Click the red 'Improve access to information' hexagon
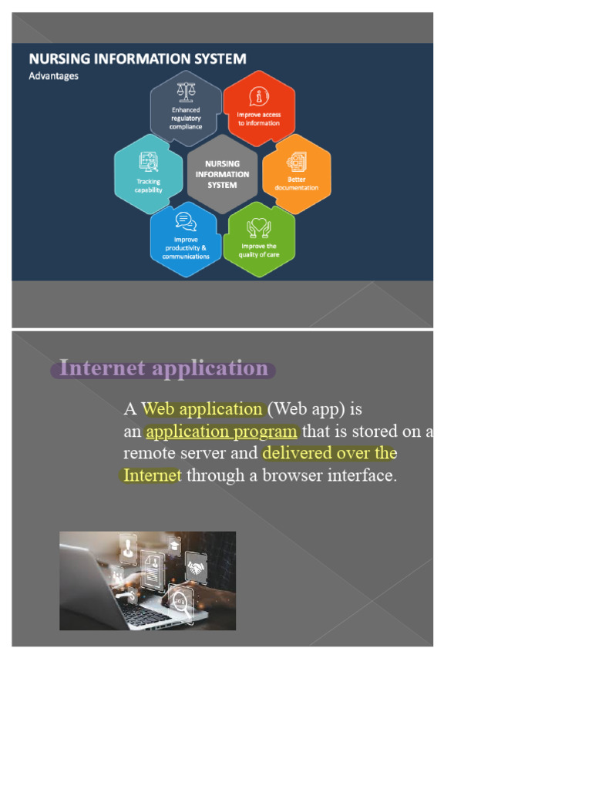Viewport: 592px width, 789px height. coord(259,109)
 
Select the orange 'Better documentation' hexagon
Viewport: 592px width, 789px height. coord(297,173)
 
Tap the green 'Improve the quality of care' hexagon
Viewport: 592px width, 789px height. coord(259,239)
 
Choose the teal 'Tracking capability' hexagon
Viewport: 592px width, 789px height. coord(149,174)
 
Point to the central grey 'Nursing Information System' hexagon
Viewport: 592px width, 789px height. coord(222,174)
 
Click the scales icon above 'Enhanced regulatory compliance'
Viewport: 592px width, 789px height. coord(186,91)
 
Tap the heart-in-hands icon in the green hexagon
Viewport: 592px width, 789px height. coord(259,227)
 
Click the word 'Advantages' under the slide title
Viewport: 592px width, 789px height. coord(53,76)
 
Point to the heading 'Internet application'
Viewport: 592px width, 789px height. coord(163,368)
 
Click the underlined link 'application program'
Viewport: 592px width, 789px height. coord(221,431)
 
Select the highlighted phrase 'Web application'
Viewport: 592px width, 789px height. coord(203,409)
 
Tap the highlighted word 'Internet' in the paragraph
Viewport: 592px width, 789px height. coord(153,475)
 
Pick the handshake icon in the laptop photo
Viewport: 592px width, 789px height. coord(197,568)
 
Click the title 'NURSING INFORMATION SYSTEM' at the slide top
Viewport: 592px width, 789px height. coord(137,59)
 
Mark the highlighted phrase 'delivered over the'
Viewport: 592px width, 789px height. coord(329,453)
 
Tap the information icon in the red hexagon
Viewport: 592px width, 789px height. coord(259,96)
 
